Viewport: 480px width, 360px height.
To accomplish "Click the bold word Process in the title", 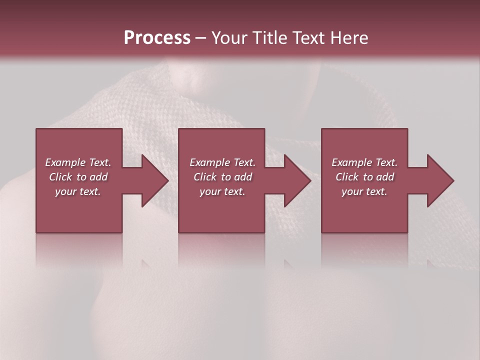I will (x=157, y=38).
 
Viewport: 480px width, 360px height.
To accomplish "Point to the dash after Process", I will (x=200, y=38).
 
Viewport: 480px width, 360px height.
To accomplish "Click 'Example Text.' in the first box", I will (x=78, y=162).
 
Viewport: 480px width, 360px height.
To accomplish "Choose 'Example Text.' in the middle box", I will (x=222, y=162).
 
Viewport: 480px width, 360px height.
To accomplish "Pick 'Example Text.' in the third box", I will (x=364, y=162).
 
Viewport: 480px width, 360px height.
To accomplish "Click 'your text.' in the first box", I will (x=78, y=191).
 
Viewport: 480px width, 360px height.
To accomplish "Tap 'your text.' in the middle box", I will (x=222, y=191).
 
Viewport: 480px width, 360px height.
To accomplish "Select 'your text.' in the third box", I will (x=364, y=191).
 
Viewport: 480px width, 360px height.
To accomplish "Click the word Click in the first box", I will (x=60, y=177).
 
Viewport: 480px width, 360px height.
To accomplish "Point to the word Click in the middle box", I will (x=205, y=177).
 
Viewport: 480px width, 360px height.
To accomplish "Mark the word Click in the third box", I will (x=347, y=177).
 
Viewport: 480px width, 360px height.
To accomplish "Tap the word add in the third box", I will (x=385, y=177).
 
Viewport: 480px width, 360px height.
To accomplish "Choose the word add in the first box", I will (x=98, y=177).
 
